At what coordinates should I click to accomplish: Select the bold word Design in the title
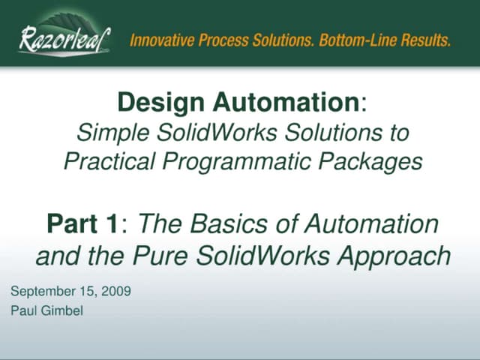[154, 102]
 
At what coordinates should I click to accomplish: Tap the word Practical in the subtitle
[109, 160]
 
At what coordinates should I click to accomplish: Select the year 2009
[115, 291]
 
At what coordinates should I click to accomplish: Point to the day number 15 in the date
[86, 291]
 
